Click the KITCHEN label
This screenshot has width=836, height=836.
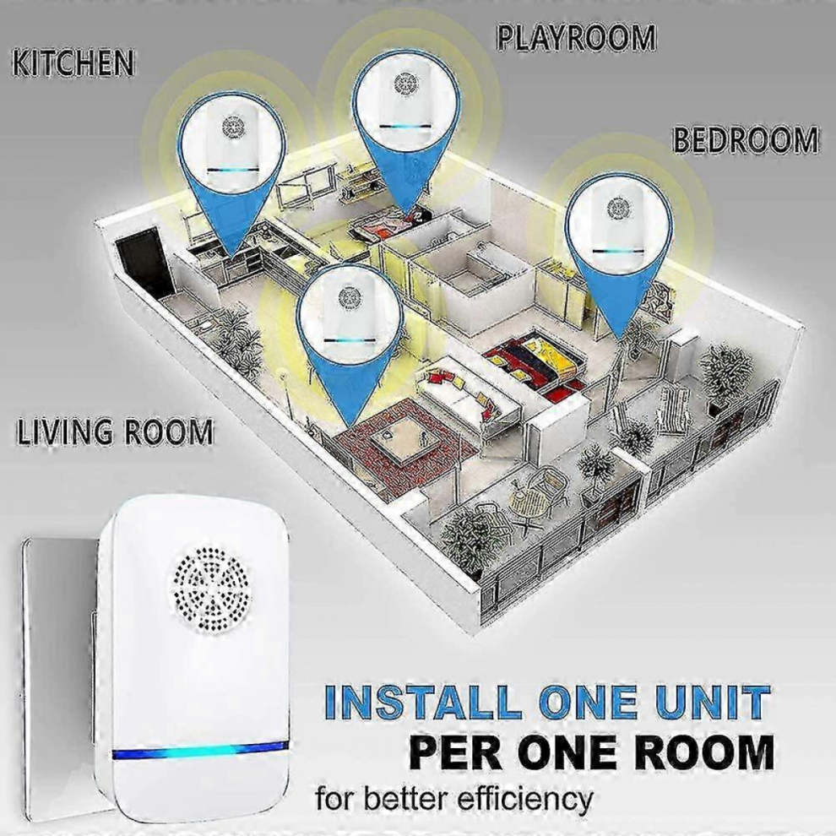tap(73, 62)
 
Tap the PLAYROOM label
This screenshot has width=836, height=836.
tap(577, 38)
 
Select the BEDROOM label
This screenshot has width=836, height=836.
tap(746, 139)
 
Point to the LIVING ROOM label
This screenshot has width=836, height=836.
tap(114, 432)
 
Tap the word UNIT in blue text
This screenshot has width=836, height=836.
tap(714, 702)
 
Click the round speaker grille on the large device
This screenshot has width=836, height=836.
tap(212, 587)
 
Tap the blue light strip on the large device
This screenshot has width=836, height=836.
tap(200, 752)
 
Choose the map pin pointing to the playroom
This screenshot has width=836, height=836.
tap(406, 128)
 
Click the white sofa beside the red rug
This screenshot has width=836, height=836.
tap(464, 395)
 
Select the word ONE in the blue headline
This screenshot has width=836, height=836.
tap(587, 702)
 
